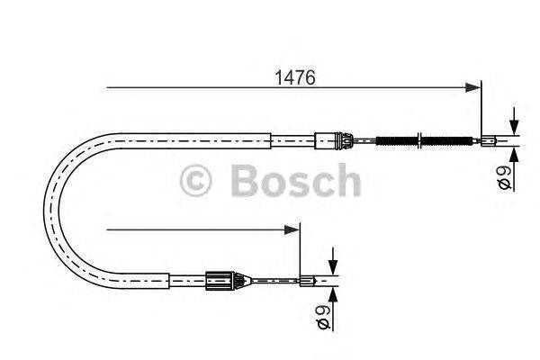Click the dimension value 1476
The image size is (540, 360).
point(295,78)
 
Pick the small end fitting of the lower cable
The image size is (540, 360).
point(307,281)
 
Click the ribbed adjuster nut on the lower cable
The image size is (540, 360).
point(219,280)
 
